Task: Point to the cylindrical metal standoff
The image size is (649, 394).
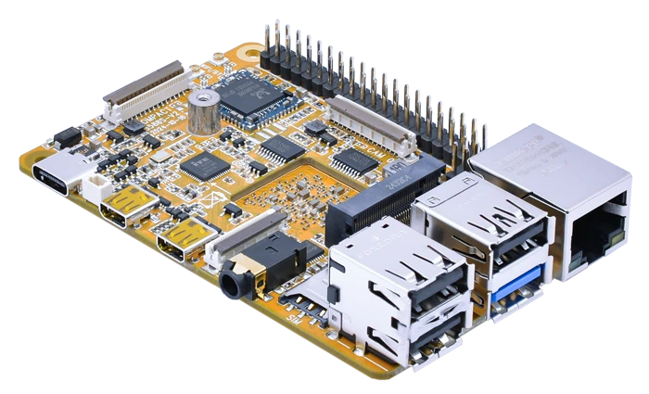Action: point(203,110)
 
